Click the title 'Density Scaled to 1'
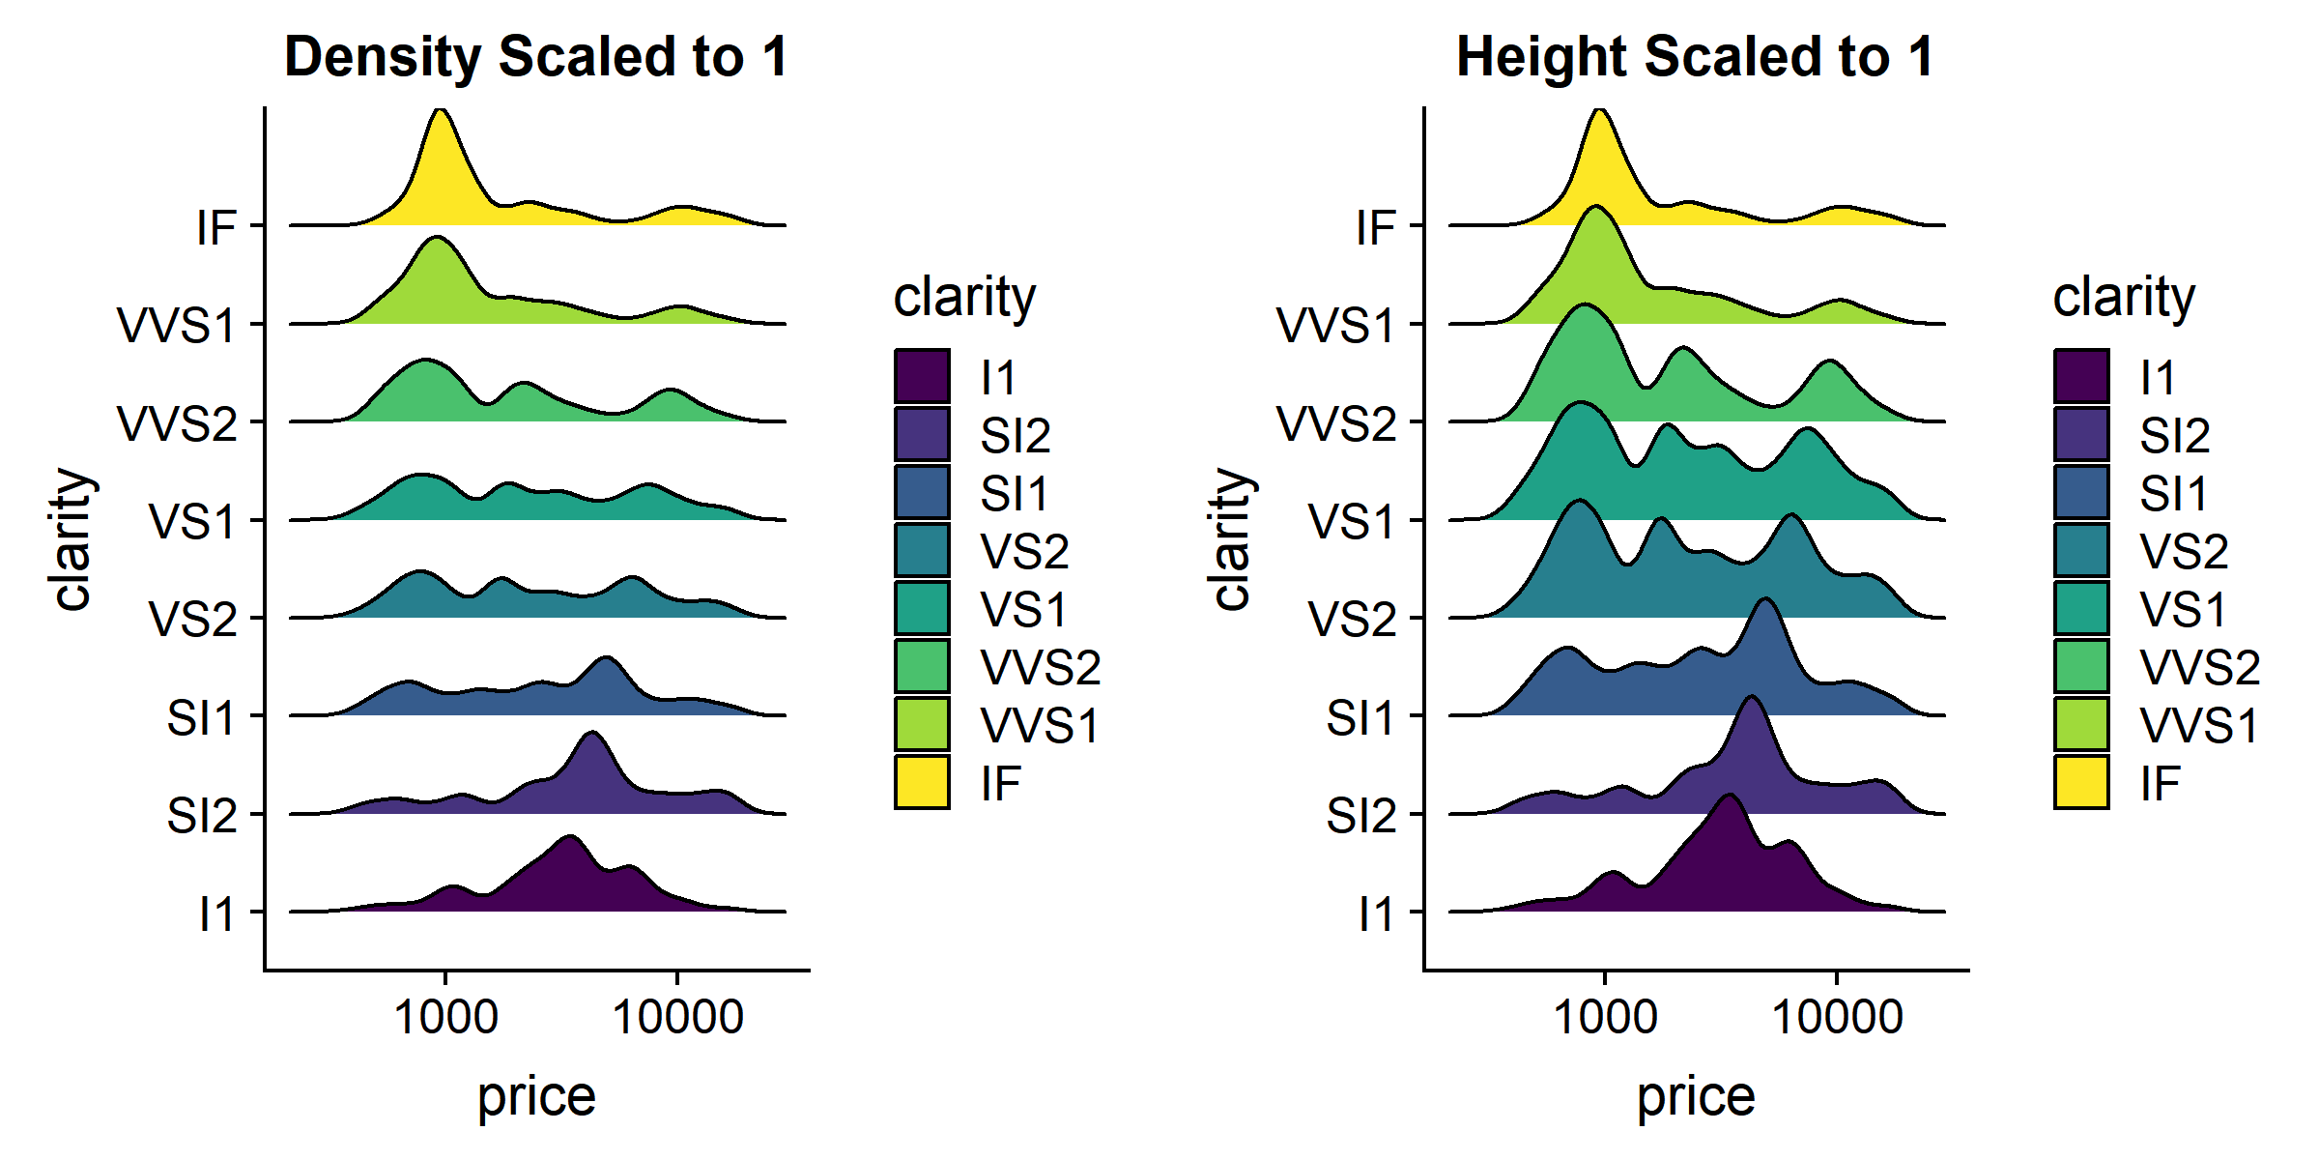pos(536,56)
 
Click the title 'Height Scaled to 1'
pos(1695,56)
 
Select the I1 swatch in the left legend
pos(922,376)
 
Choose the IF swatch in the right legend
pos(2081,782)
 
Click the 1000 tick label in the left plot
pos(445,1017)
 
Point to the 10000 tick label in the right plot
pos(1837,1017)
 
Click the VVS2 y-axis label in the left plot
pos(177,423)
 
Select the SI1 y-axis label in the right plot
pos(1360,718)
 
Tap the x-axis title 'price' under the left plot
pos(536,1097)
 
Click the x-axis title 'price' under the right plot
pos(1695,1097)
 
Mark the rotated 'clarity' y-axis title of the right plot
pos(1231,538)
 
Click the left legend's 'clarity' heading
pos(964,296)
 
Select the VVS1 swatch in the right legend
pos(2081,724)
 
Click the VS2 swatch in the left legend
pos(922,550)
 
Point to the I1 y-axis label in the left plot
pos(216,913)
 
